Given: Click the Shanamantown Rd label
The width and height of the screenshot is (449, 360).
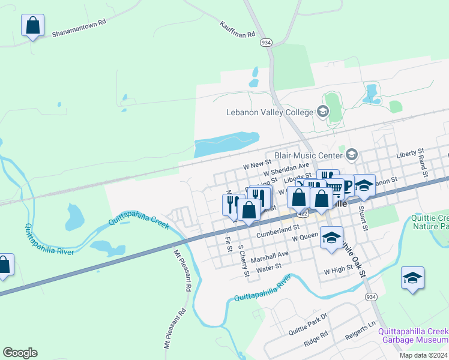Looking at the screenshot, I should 79,26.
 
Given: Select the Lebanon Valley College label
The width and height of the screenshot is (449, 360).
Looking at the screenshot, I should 270,112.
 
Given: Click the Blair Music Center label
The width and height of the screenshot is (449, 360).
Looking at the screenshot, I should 308,155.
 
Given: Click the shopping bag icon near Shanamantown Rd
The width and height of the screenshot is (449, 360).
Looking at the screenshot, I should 33,26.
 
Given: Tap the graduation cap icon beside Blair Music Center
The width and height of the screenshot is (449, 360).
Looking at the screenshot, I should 351,155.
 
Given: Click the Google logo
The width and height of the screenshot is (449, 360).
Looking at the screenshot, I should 20,352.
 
